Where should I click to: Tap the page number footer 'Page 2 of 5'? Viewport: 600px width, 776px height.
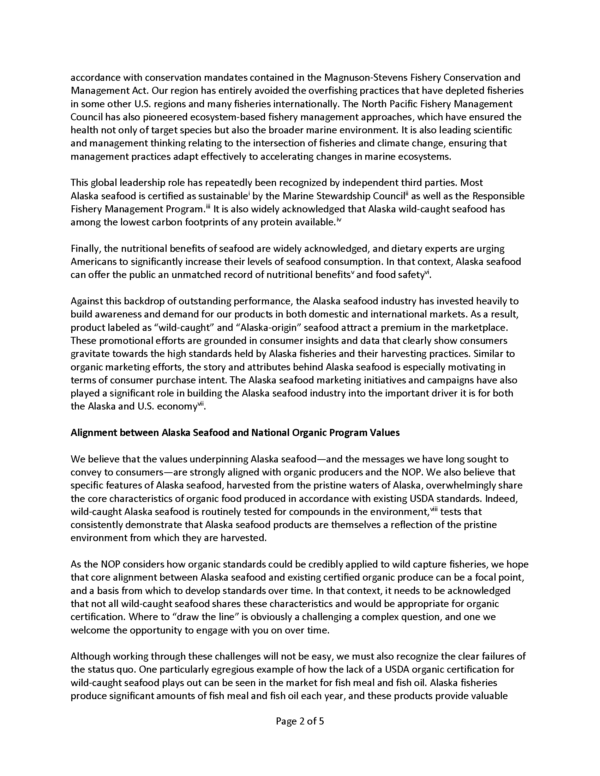point(300,721)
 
